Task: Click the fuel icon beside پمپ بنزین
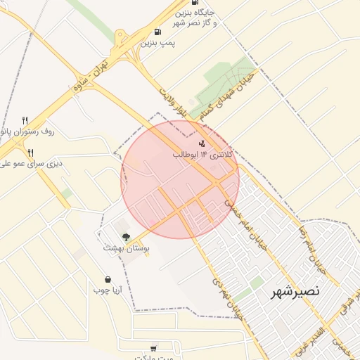pyautogui.click(x=156, y=32)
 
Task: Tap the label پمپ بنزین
pyautogui.click(x=157, y=43)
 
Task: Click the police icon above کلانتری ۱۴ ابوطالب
pyautogui.click(x=202, y=143)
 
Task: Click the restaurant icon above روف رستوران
pyautogui.click(x=25, y=120)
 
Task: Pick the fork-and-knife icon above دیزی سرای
pyautogui.click(x=30, y=153)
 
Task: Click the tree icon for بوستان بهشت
pyautogui.click(x=126, y=237)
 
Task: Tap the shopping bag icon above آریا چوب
pyautogui.click(x=108, y=279)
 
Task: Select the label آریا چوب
pyautogui.click(x=108, y=290)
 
